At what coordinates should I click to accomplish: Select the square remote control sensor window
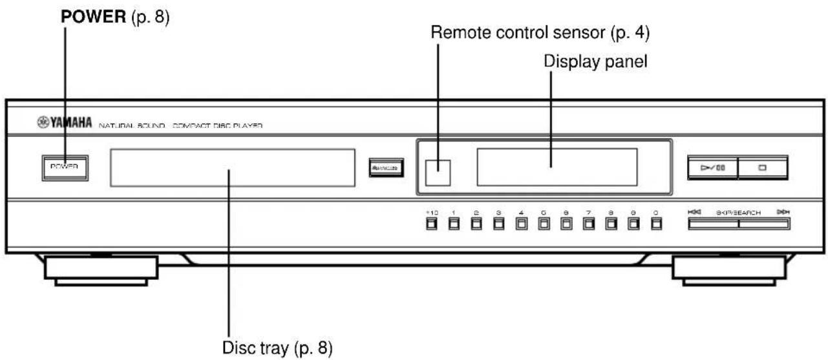pyautogui.click(x=438, y=168)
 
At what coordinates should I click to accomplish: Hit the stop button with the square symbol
pyautogui.click(x=763, y=168)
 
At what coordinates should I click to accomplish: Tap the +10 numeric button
pyautogui.click(x=431, y=225)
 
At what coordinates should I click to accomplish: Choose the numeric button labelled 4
pyautogui.click(x=521, y=225)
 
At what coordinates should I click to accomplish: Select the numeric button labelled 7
pyautogui.click(x=588, y=225)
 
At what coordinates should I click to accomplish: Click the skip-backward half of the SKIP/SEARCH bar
pyautogui.click(x=712, y=225)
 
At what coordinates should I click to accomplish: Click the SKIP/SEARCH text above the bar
pyautogui.click(x=738, y=212)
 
